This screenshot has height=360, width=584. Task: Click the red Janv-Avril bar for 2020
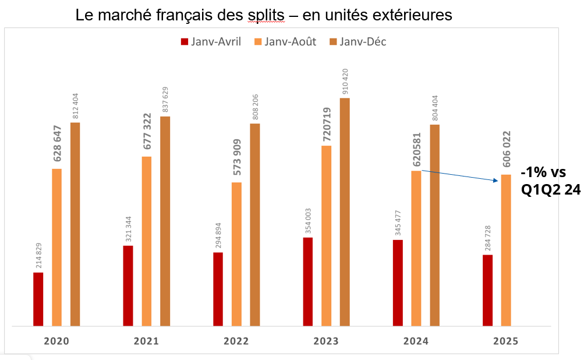tap(38, 299)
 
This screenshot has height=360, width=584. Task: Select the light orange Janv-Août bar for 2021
tap(146, 241)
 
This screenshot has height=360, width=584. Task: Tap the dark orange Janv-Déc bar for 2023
tap(345, 211)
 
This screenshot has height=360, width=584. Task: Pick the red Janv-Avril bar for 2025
tap(487, 290)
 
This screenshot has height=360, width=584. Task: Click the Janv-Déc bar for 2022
tap(255, 224)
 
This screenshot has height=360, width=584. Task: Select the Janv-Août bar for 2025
tap(506, 250)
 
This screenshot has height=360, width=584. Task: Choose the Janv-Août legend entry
tap(285, 41)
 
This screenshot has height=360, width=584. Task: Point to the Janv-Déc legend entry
tap(358, 41)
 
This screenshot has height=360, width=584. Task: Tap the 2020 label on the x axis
tap(56, 341)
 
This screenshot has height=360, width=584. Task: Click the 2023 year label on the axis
tap(326, 341)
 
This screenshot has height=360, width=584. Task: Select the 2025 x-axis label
tap(506, 341)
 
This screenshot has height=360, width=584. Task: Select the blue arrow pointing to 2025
tap(460, 176)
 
